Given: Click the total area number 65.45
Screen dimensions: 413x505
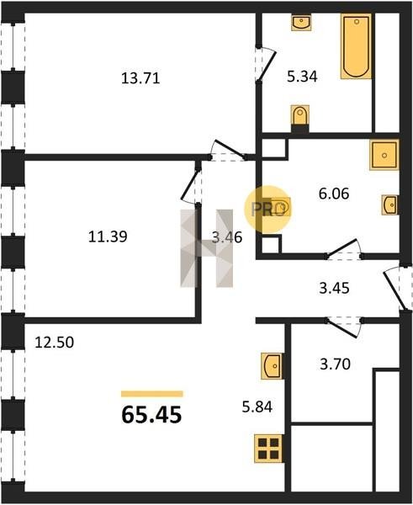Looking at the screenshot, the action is tap(151, 415).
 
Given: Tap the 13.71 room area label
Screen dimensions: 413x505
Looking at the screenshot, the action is tap(140, 78).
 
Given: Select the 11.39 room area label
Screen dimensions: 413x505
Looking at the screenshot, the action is tap(108, 237).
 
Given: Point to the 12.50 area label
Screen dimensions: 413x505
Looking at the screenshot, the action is tap(55, 343).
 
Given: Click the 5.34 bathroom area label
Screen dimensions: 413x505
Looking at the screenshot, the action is tap(302, 77).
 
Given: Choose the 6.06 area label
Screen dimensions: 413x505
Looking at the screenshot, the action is tap(334, 194).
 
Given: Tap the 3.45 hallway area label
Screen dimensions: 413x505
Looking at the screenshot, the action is tap(334, 288).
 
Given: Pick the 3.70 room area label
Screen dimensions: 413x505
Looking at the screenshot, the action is tap(335, 364).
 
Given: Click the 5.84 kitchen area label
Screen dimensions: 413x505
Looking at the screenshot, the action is tap(257, 407).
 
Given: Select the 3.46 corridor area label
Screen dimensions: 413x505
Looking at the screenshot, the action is tap(227, 237).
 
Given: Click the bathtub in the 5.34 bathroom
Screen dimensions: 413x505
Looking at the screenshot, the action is tap(356, 46).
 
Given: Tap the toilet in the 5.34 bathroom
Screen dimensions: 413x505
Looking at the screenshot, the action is tap(300, 115).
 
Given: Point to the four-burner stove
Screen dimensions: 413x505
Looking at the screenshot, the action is tap(268, 449).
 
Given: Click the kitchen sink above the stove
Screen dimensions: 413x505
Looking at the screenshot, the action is tap(272, 366).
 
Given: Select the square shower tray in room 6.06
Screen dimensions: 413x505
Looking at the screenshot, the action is tap(384, 155).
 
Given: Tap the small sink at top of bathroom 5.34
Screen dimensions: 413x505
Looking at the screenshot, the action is tap(301, 23).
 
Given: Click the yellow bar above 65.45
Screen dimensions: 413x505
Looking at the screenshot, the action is tap(152, 394).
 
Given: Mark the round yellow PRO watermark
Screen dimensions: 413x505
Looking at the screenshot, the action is tap(267, 210).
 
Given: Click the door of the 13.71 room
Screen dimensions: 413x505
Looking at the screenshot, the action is tap(228, 151).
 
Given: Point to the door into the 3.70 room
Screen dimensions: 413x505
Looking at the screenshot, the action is tap(344, 328).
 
